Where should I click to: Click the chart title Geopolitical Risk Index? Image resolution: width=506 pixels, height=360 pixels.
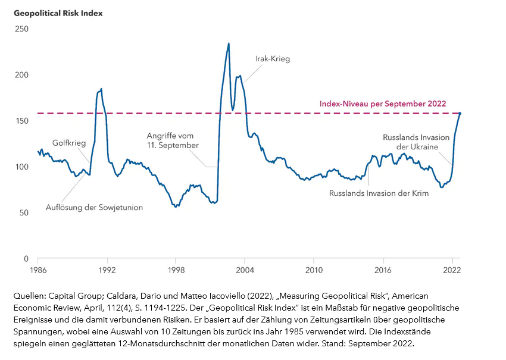(x=58, y=13)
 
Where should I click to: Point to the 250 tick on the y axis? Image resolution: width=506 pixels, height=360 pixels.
(x=21, y=29)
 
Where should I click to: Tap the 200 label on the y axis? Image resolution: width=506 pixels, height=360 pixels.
(x=21, y=75)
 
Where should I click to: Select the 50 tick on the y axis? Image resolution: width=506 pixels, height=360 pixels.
(x=23, y=212)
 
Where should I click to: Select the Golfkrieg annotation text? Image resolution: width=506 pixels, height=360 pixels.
(x=69, y=143)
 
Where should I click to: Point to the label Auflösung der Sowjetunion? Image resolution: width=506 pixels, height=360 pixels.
(x=94, y=208)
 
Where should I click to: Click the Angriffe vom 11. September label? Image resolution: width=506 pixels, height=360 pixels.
(x=173, y=140)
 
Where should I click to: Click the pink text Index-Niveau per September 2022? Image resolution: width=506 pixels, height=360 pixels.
(x=383, y=103)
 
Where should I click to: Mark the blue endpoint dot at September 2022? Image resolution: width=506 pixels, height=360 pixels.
(x=460, y=113)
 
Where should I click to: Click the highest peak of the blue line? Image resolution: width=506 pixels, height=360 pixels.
(x=229, y=43)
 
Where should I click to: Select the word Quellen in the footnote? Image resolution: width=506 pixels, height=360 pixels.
(x=27, y=296)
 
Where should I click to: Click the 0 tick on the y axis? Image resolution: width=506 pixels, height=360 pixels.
(x=26, y=259)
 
